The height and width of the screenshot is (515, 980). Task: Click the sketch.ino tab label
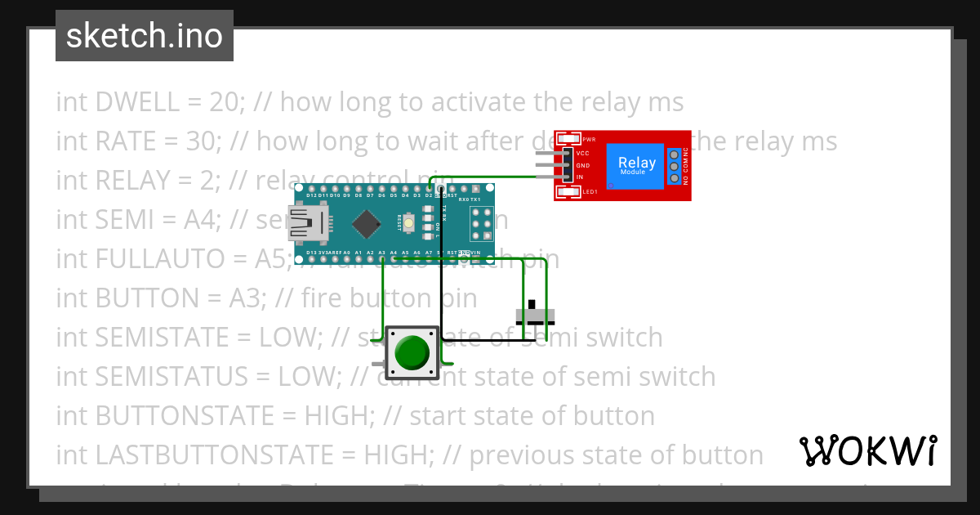(145, 36)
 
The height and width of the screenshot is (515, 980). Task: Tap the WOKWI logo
(867, 450)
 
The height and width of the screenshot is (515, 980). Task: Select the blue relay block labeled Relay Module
(637, 166)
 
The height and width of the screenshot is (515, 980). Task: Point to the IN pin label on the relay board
(580, 177)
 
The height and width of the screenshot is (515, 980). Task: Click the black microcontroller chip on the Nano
(369, 222)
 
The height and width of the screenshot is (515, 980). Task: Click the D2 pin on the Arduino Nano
(429, 189)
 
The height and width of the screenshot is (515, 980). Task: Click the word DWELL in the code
(138, 102)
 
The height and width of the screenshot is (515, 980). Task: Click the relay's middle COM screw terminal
(675, 166)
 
